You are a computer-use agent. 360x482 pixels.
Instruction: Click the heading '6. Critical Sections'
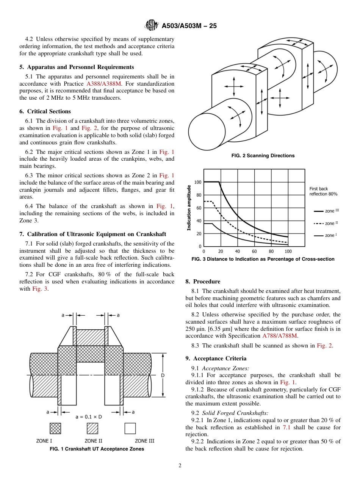[45, 111]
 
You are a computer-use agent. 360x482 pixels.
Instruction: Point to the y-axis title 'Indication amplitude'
[189, 208]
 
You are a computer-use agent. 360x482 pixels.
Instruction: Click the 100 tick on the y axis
[198, 182]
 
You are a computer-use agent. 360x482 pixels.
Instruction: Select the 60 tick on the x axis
[254, 251]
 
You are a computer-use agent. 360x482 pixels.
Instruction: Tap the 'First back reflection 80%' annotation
[323, 191]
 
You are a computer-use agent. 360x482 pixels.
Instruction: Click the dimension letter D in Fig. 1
[163, 375]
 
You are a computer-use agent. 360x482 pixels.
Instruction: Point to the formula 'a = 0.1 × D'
[89, 416]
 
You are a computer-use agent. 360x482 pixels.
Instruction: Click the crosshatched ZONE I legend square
[55, 428]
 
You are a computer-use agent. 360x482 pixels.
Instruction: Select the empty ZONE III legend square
[130, 428]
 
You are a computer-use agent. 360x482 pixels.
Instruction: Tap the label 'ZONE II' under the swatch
[93, 441]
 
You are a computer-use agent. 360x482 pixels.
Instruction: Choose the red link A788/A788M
[280, 336]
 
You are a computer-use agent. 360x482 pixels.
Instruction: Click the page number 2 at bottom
[180, 466]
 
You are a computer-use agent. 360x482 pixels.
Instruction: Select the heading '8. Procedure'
[203, 282]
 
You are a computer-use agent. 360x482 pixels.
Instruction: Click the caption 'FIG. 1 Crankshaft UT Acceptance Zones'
[97, 449]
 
